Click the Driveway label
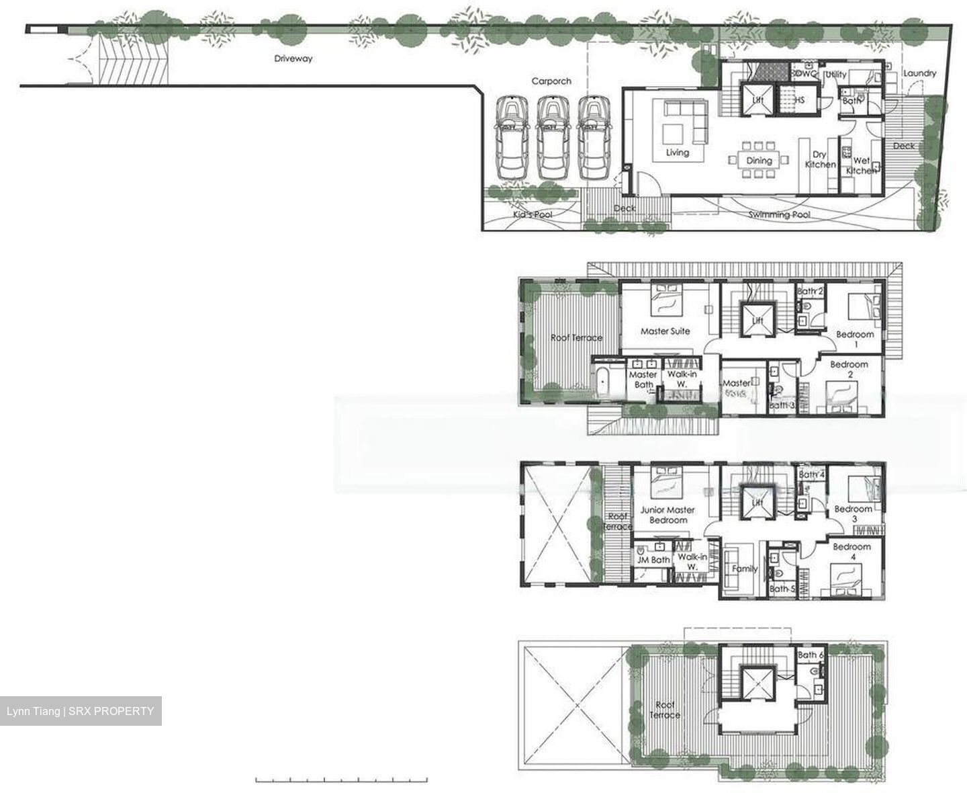(293, 58)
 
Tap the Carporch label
(551, 81)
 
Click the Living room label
(678, 153)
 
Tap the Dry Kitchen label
(820, 159)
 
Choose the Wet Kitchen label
(861, 165)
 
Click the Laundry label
(919, 73)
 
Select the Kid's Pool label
(533, 214)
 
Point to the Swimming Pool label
(779, 214)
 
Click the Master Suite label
(665, 331)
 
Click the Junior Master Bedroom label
(668, 515)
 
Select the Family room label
(744, 569)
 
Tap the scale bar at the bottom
(341, 780)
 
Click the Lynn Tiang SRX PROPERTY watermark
(81, 711)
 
